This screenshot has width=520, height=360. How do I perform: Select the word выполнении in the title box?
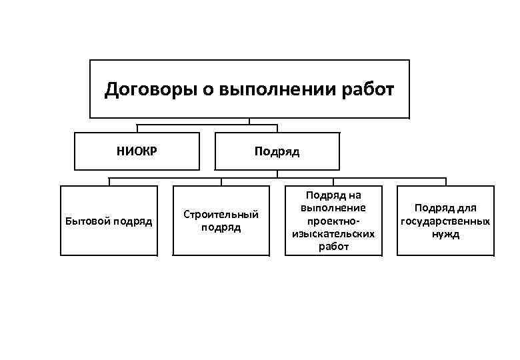pyautogui.click(x=283, y=89)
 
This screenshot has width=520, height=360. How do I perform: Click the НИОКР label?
pyautogui.click(x=137, y=151)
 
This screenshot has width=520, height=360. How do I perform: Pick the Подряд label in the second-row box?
pyautogui.click(x=277, y=151)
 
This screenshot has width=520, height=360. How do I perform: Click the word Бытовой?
pyautogui.click(x=87, y=221)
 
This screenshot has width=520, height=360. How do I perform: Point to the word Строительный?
pyautogui.click(x=221, y=215)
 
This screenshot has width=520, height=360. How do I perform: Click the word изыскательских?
pyautogui.click(x=334, y=234)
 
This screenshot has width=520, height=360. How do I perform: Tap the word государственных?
pyautogui.click(x=446, y=221)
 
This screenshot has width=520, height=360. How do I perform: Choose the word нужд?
pyautogui.click(x=446, y=234)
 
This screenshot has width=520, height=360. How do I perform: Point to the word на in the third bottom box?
pyautogui.click(x=354, y=195)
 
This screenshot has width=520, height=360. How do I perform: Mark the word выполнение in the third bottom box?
pyautogui.click(x=334, y=208)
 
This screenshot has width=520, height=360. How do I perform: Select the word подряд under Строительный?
pyautogui.click(x=221, y=228)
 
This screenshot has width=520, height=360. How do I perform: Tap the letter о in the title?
pyautogui.click(x=201, y=89)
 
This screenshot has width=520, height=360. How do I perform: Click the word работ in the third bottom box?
pyautogui.click(x=334, y=247)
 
